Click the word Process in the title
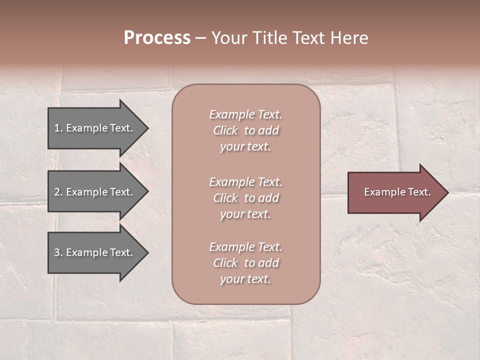[x=157, y=38]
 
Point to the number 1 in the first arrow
[x=57, y=128]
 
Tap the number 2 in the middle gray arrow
[x=57, y=192]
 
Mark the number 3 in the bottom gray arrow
[x=57, y=252]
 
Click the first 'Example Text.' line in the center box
[x=245, y=114]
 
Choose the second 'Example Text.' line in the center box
[x=245, y=182]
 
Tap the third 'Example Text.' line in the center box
[x=245, y=247]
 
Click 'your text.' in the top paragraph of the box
[x=245, y=147]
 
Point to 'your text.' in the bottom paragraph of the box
[x=245, y=279]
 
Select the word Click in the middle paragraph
[x=225, y=198]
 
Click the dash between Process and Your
[x=200, y=38]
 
